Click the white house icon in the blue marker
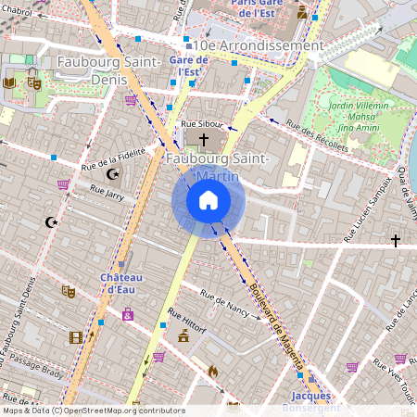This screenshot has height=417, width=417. click(x=208, y=200)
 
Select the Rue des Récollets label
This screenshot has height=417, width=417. click(x=317, y=135)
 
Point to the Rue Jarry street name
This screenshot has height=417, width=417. click(x=107, y=191)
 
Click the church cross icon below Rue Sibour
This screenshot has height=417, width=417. click(x=204, y=139)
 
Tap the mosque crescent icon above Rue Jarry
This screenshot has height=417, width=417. click(x=113, y=173)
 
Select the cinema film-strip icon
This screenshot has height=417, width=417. click(x=75, y=337)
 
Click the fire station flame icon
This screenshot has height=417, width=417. click(x=212, y=371)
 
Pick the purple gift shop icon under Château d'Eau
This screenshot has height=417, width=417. click(x=127, y=315)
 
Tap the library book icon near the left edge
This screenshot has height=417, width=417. click(x=10, y=82)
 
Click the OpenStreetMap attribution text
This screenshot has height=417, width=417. click(x=93, y=411)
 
